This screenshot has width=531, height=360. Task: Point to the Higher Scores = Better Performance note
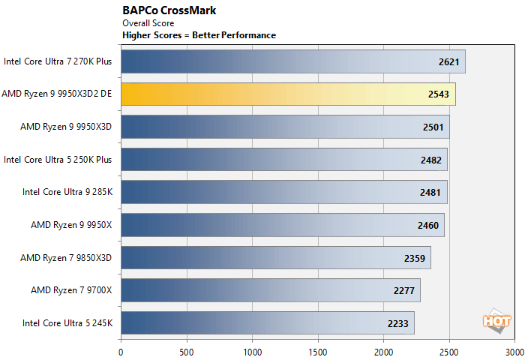click(x=199, y=35)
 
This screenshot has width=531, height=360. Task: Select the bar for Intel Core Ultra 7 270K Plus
click(x=292, y=61)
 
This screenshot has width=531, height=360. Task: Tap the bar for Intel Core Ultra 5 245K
click(x=267, y=323)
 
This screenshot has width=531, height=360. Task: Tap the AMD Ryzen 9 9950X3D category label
click(x=66, y=127)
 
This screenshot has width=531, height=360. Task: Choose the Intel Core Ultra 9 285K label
click(x=67, y=192)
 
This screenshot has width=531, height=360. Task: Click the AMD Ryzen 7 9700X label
click(x=71, y=290)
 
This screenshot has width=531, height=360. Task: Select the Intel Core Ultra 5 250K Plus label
click(x=58, y=159)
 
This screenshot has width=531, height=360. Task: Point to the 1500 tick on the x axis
click(x=318, y=351)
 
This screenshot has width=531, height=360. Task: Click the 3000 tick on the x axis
click(x=514, y=351)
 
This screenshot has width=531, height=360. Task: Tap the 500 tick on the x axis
click(x=186, y=351)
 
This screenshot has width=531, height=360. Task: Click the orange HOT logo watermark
click(x=496, y=320)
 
